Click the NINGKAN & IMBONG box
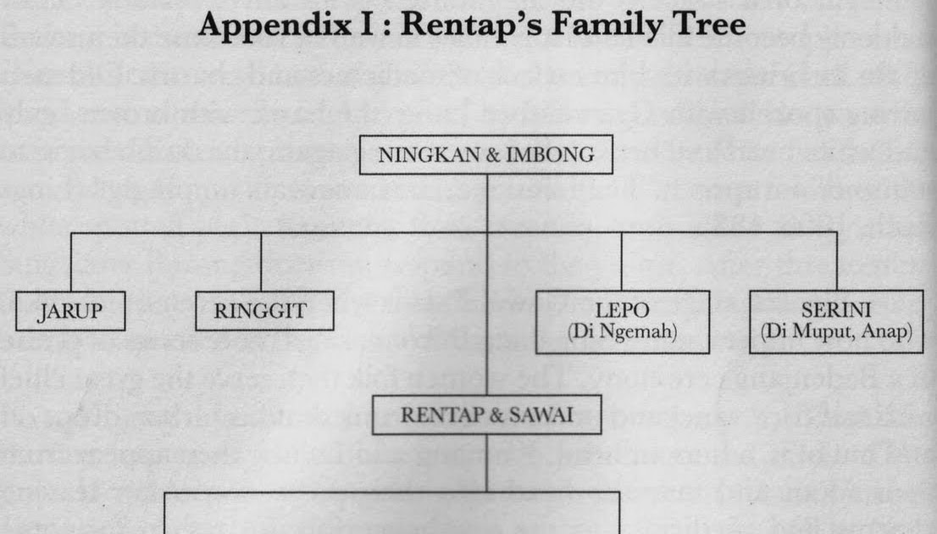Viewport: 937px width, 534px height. pyautogui.click(x=487, y=156)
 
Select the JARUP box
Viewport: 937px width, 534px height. pyautogui.click(x=70, y=311)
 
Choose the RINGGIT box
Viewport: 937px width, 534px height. pyautogui.click(x=260, y=311)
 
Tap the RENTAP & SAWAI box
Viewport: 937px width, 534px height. pyautogui.click(x=487, y=414)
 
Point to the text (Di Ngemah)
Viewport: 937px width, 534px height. pyautogui.click(x=622, y=331)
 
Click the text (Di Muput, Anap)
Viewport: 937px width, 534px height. pyautogui.click(x=836, y=331)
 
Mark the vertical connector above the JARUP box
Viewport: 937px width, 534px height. pyautogui.click(x=70, y=262)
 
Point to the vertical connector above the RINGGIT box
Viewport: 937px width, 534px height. pyautogui.click(x=260, y=262)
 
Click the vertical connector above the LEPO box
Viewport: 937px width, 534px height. pyautogui.click(x=622, y=262)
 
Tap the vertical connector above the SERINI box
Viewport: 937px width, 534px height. pyautogui.click(x=836, y=262)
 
